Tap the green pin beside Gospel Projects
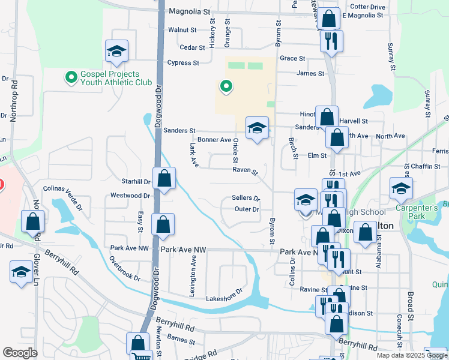coord(71,77)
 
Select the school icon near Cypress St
coord(117,52)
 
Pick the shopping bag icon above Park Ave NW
coord(163,226)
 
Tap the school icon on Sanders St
coord(257,128)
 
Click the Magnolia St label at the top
coord(190,11)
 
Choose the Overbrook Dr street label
coord(124,270)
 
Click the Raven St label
coord(245,171)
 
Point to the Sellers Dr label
coord(246,198)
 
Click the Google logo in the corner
coord(20,353)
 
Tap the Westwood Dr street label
coord(130,196)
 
